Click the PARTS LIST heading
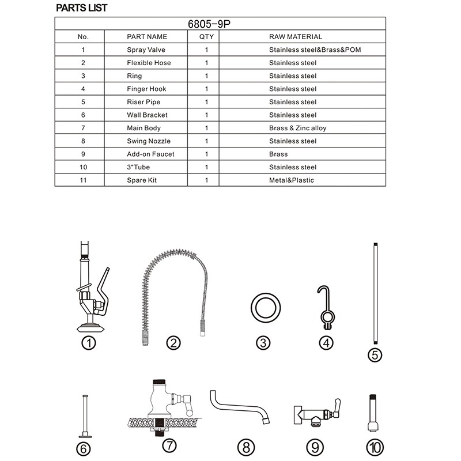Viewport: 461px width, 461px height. tap(81, 8)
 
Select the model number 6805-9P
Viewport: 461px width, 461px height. tap(220, 24)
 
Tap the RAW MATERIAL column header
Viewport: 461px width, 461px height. tap(296, 37)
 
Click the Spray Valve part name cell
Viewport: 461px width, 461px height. tap(146, 50)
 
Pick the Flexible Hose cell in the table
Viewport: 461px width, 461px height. tap(149, 63)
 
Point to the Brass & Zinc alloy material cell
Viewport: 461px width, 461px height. tap(297, 128)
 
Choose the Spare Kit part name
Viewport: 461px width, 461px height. tap(142, 180)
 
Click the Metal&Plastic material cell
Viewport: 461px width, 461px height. tap(291, 180)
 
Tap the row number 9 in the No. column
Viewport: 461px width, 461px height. tap(83, 154)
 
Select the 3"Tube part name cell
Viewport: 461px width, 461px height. tap(142, 167)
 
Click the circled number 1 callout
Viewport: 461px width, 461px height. tap(88, 344)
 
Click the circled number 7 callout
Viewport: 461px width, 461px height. tap(169, 445)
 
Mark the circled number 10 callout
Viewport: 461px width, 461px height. tap(375, 446)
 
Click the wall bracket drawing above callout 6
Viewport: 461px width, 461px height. tap(85, 415)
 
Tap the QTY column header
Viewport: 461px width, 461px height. tap(206, 37)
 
